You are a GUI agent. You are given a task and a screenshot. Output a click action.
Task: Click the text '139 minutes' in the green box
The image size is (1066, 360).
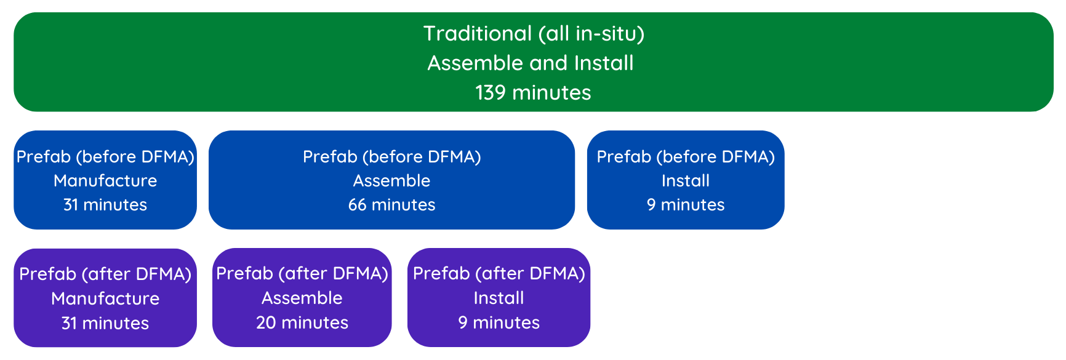click(533, 92)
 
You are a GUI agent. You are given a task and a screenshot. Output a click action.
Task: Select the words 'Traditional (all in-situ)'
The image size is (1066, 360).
click(534, 33)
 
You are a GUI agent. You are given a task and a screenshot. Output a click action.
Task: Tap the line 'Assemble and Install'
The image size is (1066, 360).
click(531, 63)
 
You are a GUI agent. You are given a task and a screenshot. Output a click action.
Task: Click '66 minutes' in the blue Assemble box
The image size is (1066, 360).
click(391, 204)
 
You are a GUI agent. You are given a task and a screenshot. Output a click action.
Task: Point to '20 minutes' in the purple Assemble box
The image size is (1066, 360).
click(302, 322)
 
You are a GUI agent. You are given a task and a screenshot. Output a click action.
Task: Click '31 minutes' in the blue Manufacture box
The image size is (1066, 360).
click(105, 204)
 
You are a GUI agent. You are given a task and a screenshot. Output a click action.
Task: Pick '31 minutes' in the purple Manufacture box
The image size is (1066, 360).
click(105, 323)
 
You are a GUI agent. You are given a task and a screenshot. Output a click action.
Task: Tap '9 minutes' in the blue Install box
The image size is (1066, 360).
click(686, 204)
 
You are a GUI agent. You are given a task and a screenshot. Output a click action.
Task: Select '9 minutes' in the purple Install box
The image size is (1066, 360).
click(499, 322)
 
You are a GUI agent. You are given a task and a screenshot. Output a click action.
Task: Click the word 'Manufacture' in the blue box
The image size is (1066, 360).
click(105, 180)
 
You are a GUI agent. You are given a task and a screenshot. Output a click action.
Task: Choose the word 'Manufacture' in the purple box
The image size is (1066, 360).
click(105, 298)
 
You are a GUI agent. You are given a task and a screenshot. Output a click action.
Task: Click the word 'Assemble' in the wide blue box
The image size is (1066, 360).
click(391, 180)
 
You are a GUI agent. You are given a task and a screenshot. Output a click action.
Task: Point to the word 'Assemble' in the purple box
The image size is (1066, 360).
click(302, 298)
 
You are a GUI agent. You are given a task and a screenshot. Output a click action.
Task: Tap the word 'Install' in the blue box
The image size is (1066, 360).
click(686, 180)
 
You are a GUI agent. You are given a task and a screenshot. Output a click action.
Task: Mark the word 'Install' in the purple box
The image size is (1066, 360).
click(499, 298)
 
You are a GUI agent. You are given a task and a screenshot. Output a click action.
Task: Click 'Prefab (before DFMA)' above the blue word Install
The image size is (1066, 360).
click(686, 157)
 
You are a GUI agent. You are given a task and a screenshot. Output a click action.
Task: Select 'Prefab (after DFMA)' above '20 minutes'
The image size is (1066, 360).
click(302, 273)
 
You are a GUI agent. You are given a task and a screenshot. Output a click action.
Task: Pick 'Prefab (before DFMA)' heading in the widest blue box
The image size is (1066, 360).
click(391, 157)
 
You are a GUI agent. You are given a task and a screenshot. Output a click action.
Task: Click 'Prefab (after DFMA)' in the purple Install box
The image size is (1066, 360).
click(499, 273)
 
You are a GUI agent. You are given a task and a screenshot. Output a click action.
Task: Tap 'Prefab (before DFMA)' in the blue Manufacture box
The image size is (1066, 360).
click(105, 157)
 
